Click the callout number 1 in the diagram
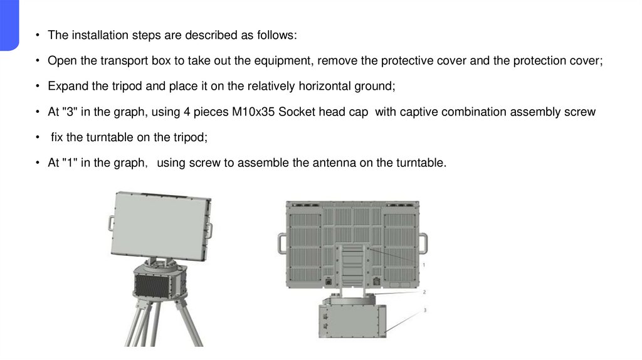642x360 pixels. pyautogui.click(x=424, y=265)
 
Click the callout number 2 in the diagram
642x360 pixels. pyautogui.click(x=424, y=292)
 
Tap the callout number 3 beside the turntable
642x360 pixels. pyautogui.click(x=424, y=310)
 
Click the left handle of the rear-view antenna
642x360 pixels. pyautogui.click(x=282, y=244)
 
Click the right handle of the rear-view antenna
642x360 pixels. pyautogui.click(x=423, y=244)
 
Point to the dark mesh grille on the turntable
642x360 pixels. pyautogui.click(x=152, y=285)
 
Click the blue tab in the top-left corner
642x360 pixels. pyautogui.click(x=9, y=24)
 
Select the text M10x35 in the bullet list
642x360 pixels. pyautogui.click(x=253, y=112)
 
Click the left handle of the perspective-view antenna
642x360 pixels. pyautogui.click(x=112, y=224)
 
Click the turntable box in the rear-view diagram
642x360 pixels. pyautogui.click(x=352, y=320)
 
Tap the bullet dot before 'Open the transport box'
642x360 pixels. pyautogui.click(x=38, y=61)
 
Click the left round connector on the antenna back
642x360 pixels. pyautogui.click(x=329, y=282)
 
